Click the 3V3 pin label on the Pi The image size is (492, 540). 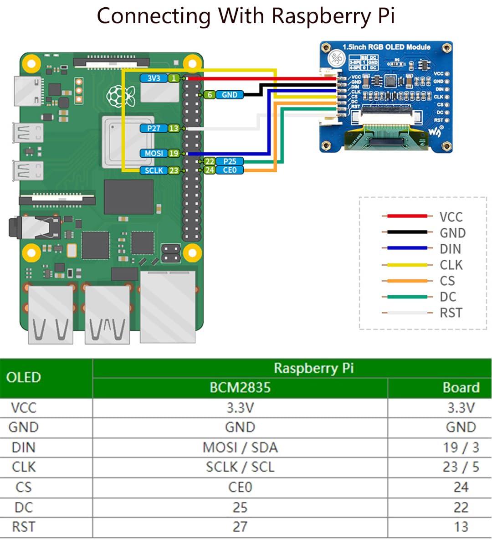154,78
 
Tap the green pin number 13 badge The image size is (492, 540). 174,129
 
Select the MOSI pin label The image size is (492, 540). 154,154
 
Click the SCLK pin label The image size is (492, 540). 154,170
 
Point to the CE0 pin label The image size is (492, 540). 230,170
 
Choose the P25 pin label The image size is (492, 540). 230,161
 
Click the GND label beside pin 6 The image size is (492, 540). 229,95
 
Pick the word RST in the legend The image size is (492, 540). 451,313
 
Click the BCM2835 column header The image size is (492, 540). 240,387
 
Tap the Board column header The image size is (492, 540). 461,387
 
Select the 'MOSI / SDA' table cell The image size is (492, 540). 240,447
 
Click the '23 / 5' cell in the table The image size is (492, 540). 461,467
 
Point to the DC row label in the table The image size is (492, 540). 24,507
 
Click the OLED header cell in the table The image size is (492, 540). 24,377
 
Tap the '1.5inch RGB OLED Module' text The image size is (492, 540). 386,47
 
